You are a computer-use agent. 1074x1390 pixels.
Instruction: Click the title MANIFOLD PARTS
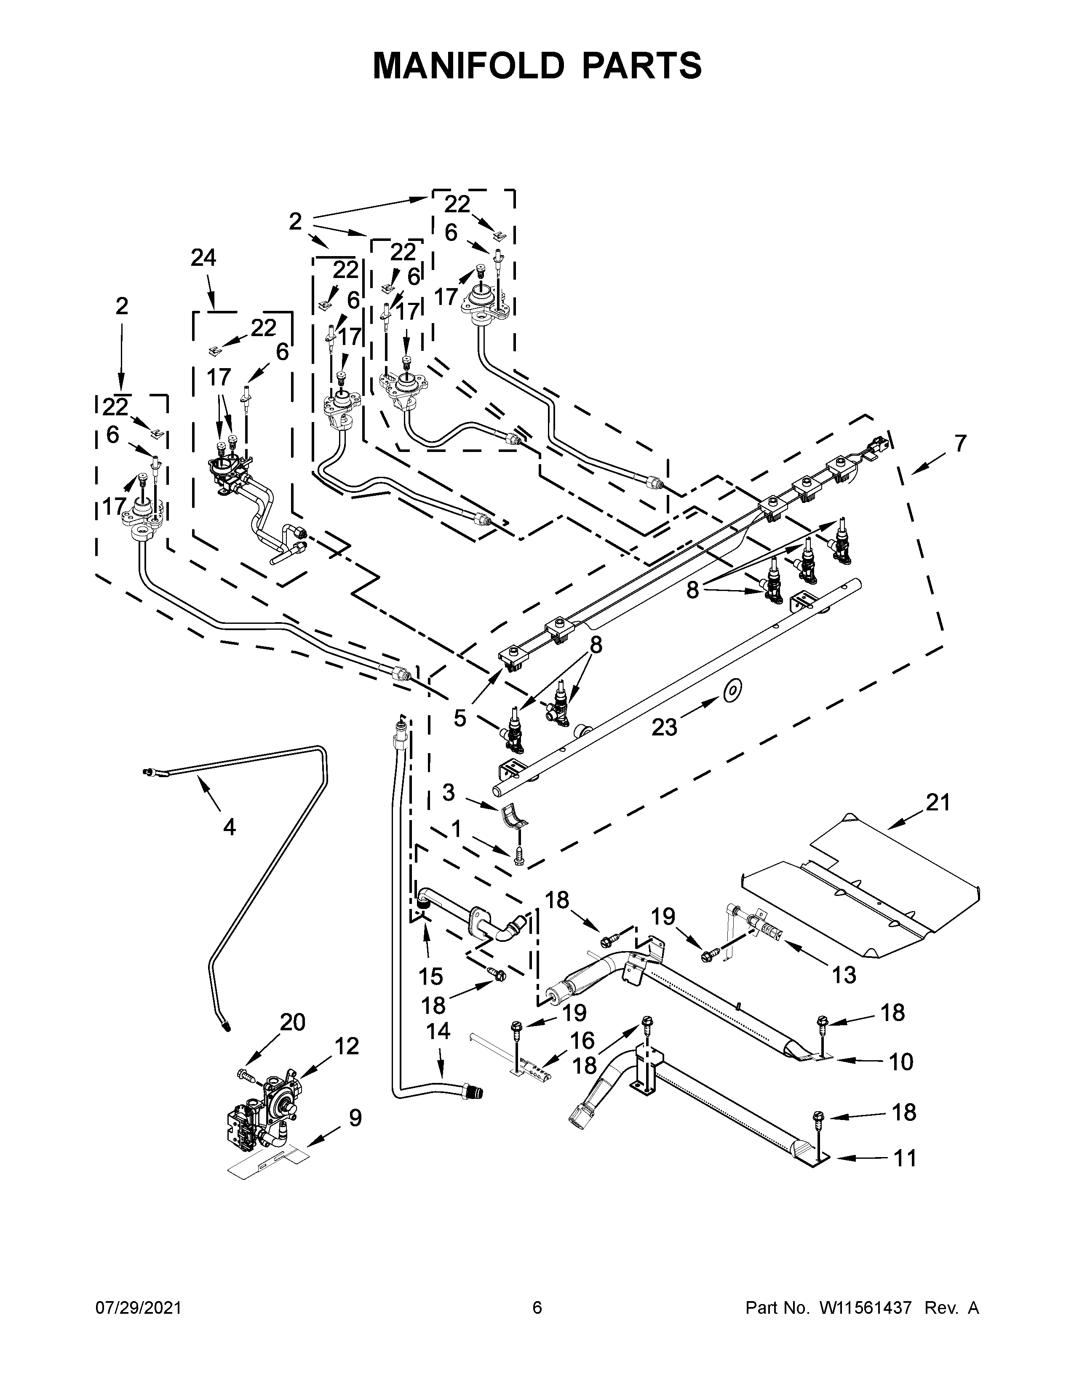click(537, 66)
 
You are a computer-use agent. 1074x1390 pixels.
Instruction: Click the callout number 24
click(203, 258)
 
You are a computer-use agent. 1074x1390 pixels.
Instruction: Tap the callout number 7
click(959, 443)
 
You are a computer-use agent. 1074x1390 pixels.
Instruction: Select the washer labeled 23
click(733, 689)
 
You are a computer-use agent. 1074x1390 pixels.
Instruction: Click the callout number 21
click(937, 802)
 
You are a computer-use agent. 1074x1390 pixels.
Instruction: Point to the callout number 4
click(229, 827)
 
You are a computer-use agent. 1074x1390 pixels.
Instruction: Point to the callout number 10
click(900, 1061)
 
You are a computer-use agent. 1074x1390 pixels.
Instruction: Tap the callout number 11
click(904, 1157)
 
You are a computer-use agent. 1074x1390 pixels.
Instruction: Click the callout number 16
click(582, 1040)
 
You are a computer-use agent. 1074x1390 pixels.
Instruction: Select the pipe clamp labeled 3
click(514, 819)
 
